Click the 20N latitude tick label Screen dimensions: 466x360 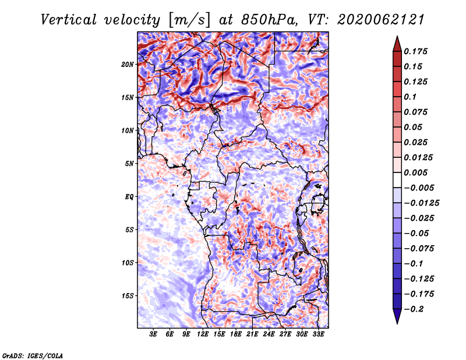[x=128, y=65]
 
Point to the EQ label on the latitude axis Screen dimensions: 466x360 [x=129, y=197]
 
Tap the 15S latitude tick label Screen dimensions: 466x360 [x=128, y=296]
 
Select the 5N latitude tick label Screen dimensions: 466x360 [x=129, y=164]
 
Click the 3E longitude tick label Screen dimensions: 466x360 [x=153, y=334]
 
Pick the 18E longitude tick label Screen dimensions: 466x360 [x=236, y=334]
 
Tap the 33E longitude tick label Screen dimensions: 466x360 [x=318, y=334]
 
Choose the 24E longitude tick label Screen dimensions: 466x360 [x=269, y=334]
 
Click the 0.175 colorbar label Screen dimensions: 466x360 [x=415, y=51]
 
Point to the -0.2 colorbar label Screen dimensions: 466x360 [x=414, y=309]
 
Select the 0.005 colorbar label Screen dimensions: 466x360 [x=415, y=172]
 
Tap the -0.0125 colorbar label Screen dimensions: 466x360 [x=421, y=203]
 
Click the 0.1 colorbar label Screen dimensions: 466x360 [x=410, y=97]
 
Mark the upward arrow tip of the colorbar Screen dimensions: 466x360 [x=397, y=36]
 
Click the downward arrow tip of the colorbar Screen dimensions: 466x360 [x=397, y=323]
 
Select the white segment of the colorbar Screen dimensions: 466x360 [x=397, y=180]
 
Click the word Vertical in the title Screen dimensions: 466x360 [x=69, y=20]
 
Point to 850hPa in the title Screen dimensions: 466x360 [x=269, y=20]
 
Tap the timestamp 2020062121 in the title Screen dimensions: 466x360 [x=381, y=20]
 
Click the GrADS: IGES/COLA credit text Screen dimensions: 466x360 [x=33, y=355]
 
